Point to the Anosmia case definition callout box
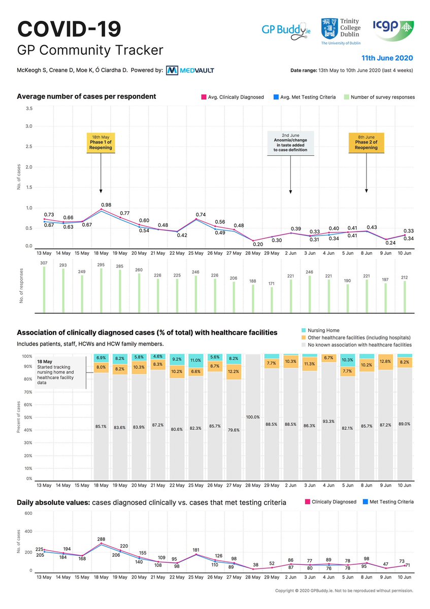(x=291, y=143)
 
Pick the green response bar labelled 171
(x=272, y=300)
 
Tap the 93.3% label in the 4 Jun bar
(x=328, y=421)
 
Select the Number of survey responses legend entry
(x=379, y=97)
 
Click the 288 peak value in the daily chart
(x=101, y=538)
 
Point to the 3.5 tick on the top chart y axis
(x=29, y=108)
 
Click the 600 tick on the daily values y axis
(x=28, y=513)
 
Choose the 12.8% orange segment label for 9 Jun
(x=385, y=361)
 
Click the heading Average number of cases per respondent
(x=86, y=96)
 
